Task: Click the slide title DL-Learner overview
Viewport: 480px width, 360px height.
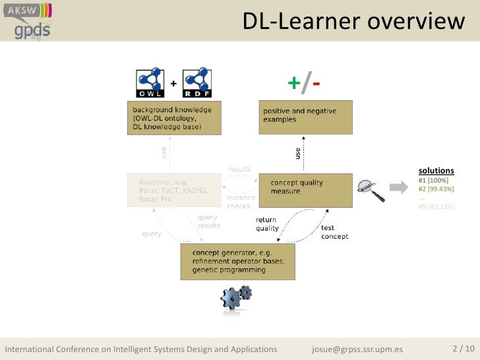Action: (x=353, y=22)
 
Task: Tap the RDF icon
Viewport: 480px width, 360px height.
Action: (x=196, y=83)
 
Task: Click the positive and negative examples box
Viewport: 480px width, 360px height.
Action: (x=305, y=117)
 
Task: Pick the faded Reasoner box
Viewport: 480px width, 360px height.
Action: (x=174, y=189)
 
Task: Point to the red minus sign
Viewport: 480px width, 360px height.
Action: (x=317, y=84)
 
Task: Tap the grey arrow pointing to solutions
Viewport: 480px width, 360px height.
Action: (x=399, y=189)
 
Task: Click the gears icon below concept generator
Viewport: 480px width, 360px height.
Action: (x=236, y=297)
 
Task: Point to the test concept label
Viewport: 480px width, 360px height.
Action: (x=334, y=232)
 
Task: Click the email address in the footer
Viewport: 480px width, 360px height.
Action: (x=357, y=349)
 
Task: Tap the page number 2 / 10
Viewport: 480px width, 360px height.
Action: (x=462, y=348)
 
